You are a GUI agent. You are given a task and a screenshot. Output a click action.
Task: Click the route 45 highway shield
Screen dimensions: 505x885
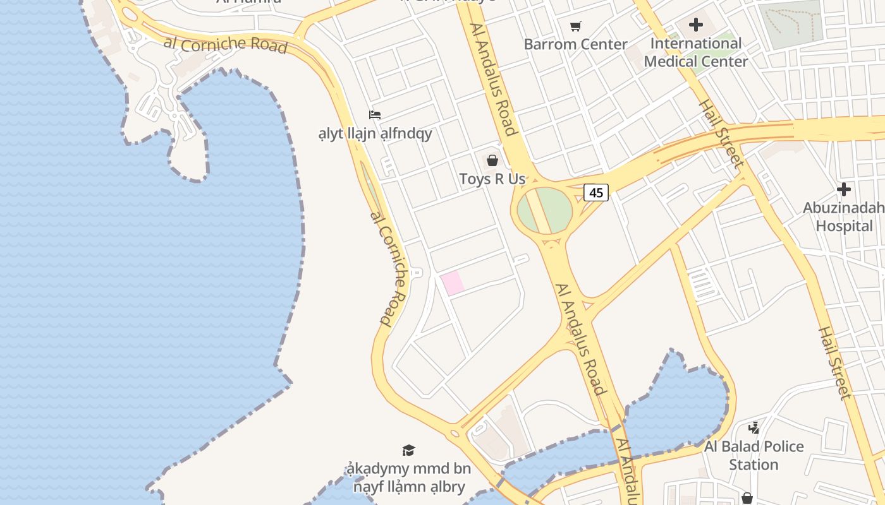(x=595, y=192)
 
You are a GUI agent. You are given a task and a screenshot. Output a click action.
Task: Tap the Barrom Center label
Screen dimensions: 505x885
(x=575, y=44)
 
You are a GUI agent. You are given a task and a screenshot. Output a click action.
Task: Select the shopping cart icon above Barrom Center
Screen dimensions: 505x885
(x=575, y=26)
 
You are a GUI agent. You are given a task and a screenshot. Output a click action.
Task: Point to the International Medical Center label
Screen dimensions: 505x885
(x=696, y=52)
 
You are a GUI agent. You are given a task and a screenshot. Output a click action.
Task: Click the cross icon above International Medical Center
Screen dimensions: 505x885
(x=696, y=25)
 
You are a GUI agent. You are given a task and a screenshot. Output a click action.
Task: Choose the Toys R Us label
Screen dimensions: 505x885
(x=492, y=179)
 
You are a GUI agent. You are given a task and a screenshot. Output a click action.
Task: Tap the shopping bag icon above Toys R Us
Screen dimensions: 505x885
(x=492, y=160)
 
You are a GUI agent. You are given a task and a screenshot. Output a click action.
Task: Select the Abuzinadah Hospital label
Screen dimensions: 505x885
(x=844, y=217)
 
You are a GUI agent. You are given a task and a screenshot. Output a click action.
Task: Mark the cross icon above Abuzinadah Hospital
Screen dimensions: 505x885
(x=844, y=189)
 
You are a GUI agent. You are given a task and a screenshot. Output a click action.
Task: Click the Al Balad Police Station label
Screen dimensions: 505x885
(x=754, y=455)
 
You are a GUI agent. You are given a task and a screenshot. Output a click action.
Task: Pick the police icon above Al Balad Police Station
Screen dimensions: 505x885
(x=754, y=428)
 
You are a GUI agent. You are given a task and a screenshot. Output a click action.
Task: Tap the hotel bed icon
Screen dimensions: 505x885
(x=375, y=115)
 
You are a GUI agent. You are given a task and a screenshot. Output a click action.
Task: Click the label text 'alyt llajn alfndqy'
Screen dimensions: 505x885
(x=375, y=133)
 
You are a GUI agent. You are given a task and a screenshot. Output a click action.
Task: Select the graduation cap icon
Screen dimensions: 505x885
(x=409, y=450)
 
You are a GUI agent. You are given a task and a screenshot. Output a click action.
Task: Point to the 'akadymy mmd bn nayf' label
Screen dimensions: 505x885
(x=409, y=478)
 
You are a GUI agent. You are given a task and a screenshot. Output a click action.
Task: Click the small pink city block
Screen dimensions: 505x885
(x=453, y=283)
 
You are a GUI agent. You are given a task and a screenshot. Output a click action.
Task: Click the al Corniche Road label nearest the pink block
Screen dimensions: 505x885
(x=386, y=268)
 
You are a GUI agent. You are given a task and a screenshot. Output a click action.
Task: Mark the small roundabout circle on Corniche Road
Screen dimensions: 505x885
(x=455, y=433)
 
